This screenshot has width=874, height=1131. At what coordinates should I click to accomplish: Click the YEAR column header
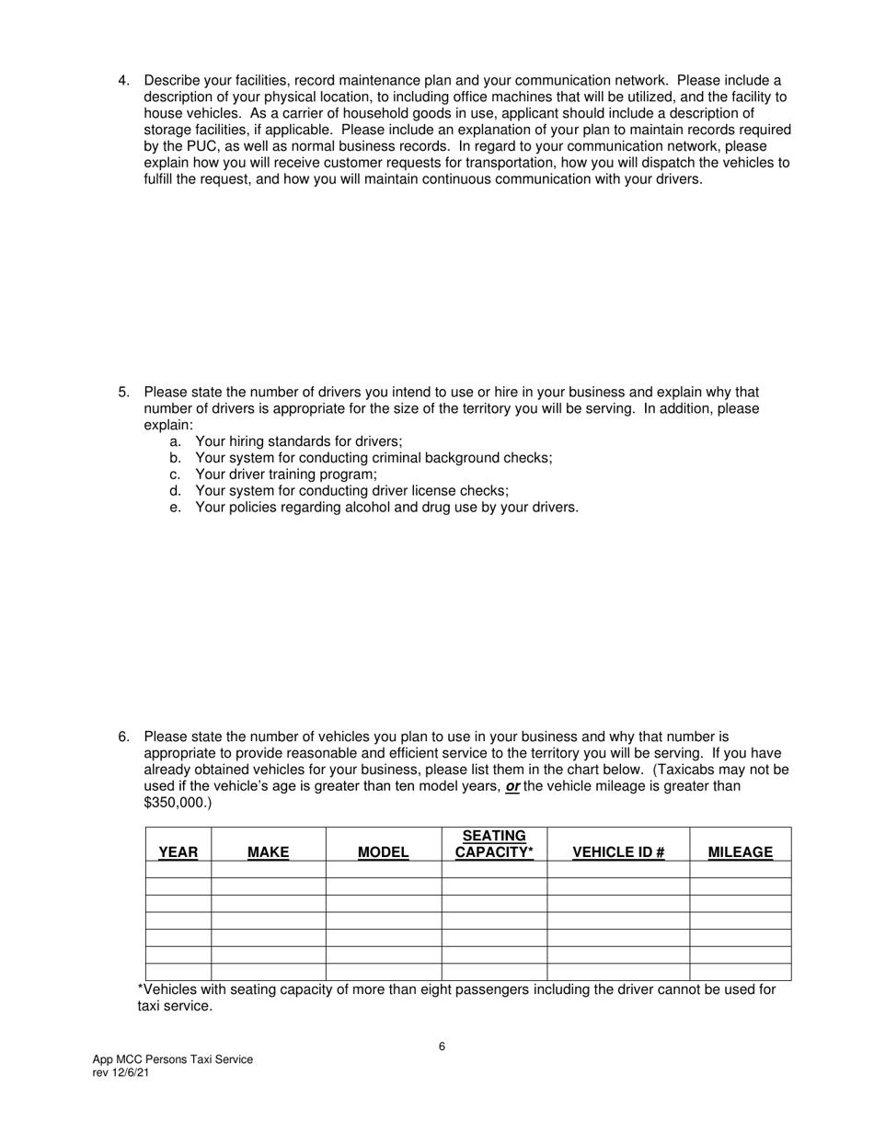pyautogui.click(x=178, y=852)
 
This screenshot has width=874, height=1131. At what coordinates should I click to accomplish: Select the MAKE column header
pyautogui.click(x=268, y=852)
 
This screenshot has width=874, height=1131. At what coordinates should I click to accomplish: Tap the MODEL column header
pyautogui.click(x=383, y=852)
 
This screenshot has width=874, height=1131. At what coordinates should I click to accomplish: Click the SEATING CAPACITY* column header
pyautogui.click(x=494, y=844)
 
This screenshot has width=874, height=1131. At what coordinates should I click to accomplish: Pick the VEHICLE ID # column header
pyautogui.click(x=618, y=852)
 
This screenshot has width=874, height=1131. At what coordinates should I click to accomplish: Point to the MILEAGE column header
pyautogui.click(x=740, y=852)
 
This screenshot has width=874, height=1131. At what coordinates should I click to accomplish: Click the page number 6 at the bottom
pyautogui.click(x=442, y=1046)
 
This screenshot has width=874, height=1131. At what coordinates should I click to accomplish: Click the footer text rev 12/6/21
pyautogui.click(x=121, y=1073)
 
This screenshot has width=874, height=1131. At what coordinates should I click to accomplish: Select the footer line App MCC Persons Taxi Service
pyautogui.click(x=172, y=1059)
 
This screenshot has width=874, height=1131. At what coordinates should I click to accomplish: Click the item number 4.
pyautogui.click(x=123, y=81)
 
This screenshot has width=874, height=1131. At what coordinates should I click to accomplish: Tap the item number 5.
pyautogui.click(x=123, y=393)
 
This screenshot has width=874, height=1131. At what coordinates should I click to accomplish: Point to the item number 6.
pyautogui.click(x=123, y=737)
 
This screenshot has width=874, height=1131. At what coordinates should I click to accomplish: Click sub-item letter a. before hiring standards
pyautogui.click(x=175, y=441)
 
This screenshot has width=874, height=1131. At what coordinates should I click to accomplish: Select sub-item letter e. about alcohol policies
pyautogui.click(x=175, y=508)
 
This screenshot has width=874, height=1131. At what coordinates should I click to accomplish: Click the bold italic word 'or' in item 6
pyautogui.click(x=512, y=787)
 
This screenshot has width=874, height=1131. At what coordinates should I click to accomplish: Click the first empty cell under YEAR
pyautogui.click(x=178, y=869)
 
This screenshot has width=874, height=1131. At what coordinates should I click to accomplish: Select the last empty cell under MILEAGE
pyautogui.click(x=740, y=972)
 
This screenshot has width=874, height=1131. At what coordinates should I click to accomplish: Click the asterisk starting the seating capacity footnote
pyautogui.click(x=140, y=988)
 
